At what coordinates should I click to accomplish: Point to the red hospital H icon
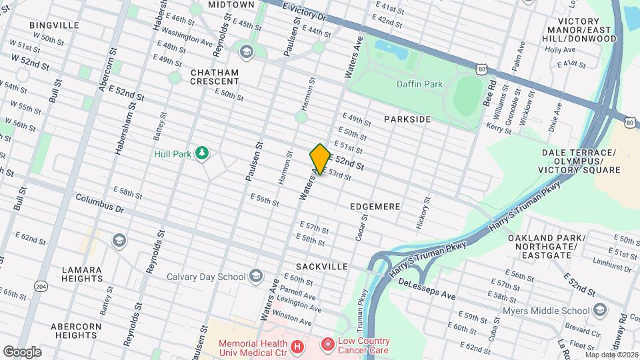(297, 347)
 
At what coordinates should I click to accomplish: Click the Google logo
(22, 351)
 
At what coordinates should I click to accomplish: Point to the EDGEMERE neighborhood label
(375, 207)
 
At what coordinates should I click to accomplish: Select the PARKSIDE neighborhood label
(407, 119)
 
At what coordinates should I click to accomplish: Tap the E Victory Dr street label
(305, 9)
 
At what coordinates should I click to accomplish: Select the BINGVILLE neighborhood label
(55, 25)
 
